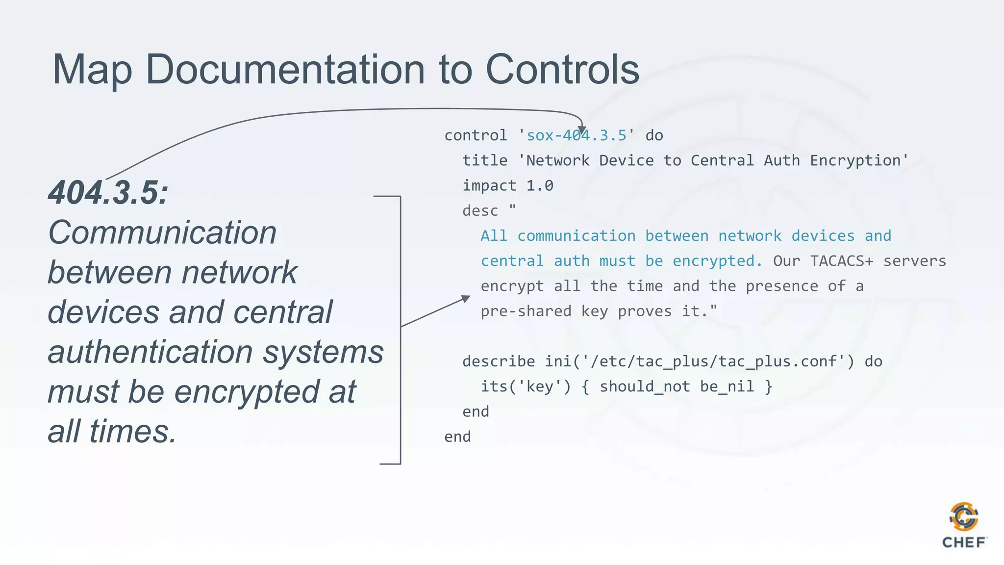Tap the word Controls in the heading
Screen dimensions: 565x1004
(x=562, y=70)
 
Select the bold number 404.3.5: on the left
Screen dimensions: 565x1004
(x=108, y=192)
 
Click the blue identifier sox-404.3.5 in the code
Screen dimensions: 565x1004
(x=577, y=135)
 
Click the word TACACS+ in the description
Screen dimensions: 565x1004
(x=841, y=261)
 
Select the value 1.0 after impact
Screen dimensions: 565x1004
(x=540, y=186)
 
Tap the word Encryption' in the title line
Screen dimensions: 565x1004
(x=859, y=160)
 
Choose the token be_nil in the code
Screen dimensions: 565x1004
(x=727, y=386)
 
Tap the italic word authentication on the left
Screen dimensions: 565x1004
(x=150, y=352)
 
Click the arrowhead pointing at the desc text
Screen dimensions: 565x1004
(x=465, y=298)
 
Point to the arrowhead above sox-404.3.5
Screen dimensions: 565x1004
(x=581, y=128)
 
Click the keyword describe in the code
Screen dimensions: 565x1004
(x=499, y=361)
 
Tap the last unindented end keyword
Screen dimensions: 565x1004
(x=457, y=437)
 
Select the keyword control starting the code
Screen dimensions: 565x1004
(x=476, y=135)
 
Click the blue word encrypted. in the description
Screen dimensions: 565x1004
(x=717, y=261)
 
